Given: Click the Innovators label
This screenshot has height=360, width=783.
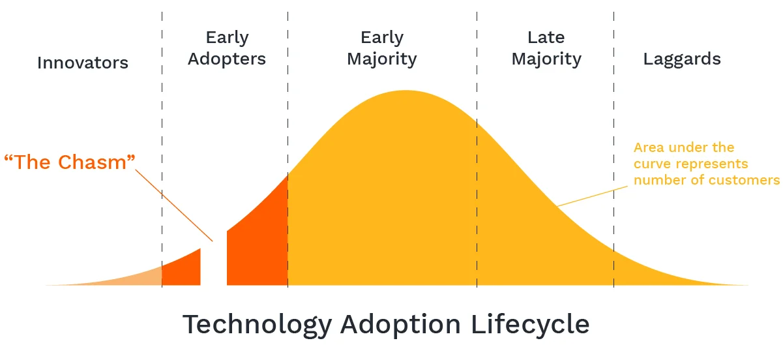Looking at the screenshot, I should [x=83, y=63].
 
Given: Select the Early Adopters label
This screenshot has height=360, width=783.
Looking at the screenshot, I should [x=227, y=48].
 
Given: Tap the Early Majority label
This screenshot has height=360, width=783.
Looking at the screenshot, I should [x=381, y=48].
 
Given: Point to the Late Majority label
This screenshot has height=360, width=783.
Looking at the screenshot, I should [x=546, y=48].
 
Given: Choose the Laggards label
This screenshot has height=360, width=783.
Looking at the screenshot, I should [x=682, y=59].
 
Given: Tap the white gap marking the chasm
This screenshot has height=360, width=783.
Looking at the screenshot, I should [x=214, y=267].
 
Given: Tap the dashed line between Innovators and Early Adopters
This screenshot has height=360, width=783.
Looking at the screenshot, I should [x=162, y=130].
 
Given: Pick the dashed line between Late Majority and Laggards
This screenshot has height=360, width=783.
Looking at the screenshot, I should [x=613, y=130].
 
